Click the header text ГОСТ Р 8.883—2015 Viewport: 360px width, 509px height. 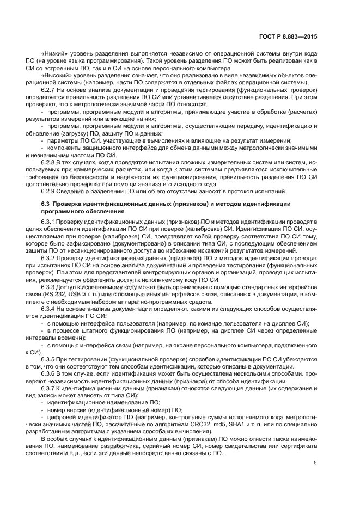pos(289,37)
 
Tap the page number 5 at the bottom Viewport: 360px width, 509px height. pos(315,463)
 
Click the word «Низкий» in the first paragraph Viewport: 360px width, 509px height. pos(54,54)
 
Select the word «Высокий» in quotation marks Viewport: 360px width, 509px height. pos(56,76)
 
